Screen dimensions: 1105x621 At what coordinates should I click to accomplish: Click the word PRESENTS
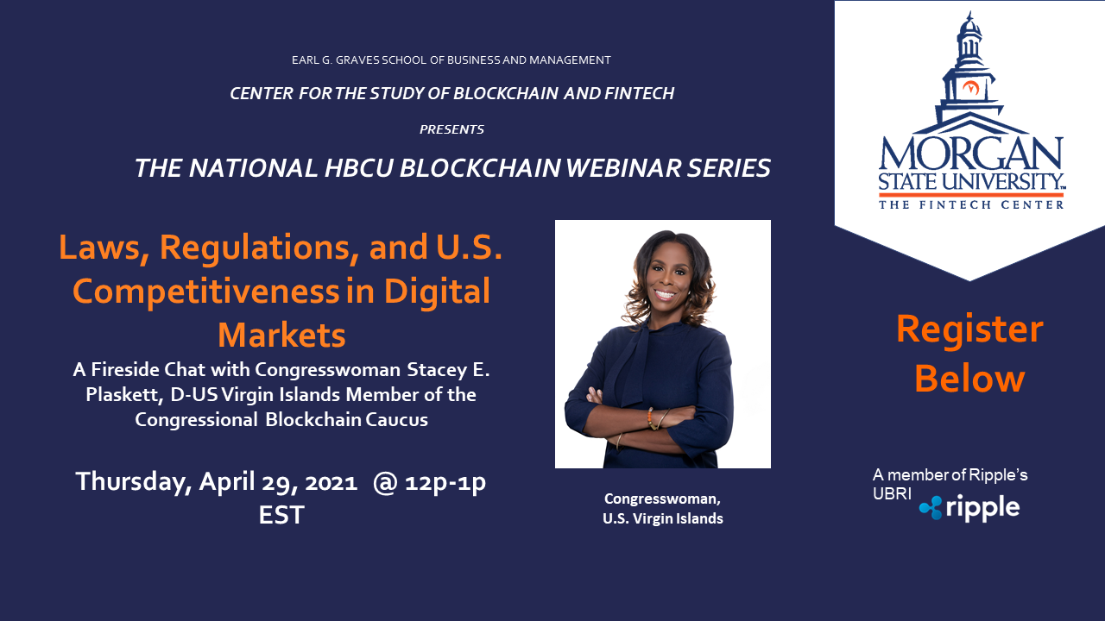(x=451, y=129)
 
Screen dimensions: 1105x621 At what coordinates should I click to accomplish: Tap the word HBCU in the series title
(x=358, y=168)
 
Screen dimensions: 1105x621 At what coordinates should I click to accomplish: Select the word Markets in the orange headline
(x=281, y=336)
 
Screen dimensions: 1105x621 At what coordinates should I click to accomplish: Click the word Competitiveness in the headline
(x=205, y=292)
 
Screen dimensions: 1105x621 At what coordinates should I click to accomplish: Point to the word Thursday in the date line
(x=133, y=482)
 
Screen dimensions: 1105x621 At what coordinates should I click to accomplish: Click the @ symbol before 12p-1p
(x=385, y=482)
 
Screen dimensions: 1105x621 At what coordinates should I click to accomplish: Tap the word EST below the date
(x=281, y=515)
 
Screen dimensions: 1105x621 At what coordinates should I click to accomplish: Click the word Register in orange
(x=969, y=329)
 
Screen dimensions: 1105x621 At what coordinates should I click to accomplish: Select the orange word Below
(x=969, y=379)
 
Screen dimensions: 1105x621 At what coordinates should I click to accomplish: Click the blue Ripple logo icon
(x=931, y=508)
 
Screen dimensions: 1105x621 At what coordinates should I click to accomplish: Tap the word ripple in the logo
(x=982, y=509)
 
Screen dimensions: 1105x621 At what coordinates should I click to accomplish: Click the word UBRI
(x=892, y=493)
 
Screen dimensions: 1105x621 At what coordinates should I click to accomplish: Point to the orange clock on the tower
(x=971, y=88)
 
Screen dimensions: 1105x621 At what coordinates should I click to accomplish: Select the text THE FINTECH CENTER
(x=971, y=204)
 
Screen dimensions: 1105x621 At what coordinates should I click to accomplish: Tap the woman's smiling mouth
(x=665, y=295)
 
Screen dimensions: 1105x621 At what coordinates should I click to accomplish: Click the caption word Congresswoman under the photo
(x=662, y=499)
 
